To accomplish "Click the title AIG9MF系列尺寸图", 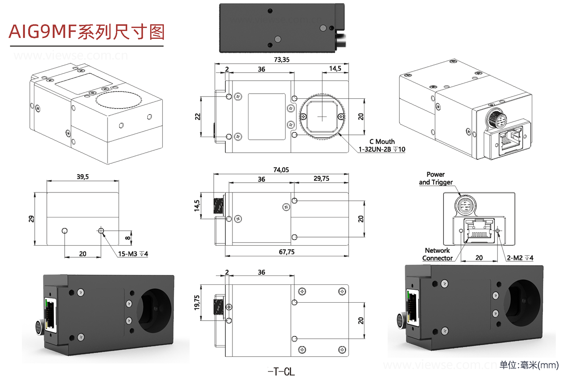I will pos(87,32).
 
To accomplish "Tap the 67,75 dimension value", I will pos(286,252).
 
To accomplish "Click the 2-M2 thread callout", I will pos(520,258).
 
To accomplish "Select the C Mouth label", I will pos(382,142).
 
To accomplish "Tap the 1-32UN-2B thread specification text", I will pos(383,149).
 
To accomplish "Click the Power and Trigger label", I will pos(435,178).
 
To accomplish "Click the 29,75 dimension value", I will pos(321,179).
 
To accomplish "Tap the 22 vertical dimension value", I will pos(197,117).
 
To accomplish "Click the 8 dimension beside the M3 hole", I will pos(128,238).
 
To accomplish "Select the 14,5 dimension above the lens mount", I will pos(335,68).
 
